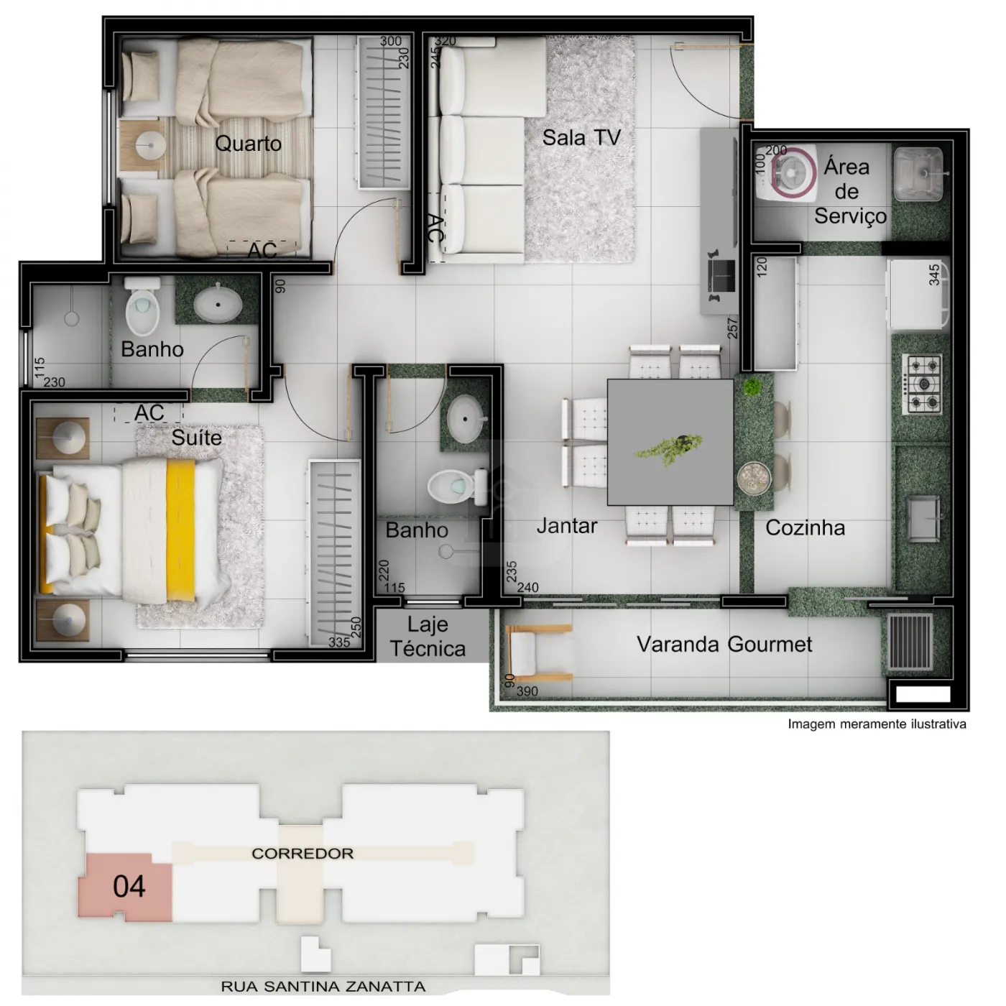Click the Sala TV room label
pos(581,138)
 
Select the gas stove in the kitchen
pos(922,384)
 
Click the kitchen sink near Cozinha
pos(923,518)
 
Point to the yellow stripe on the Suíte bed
pos(180,530)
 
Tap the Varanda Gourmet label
pos(724,645)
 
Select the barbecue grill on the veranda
pos(910,642)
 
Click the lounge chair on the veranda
pos(539,652)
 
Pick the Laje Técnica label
pos(428,637)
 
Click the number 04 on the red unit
pos(129,886)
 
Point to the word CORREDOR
pos(303,854)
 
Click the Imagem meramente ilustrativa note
pos(877,724)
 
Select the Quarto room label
pos(248,143)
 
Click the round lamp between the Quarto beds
pos(150,144)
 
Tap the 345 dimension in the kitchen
pos(934,274)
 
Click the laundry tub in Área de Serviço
pos(918,174)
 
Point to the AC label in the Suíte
pos(149,412)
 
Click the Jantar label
pos(567,526)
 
